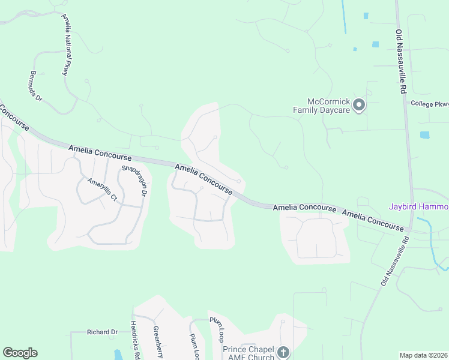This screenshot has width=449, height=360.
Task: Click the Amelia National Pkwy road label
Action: coord(65,45)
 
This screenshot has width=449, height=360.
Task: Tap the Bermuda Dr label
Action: coord(35,86)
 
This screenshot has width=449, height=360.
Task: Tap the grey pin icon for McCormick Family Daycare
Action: coord(359,106)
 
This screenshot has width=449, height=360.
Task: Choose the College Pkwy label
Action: coord(430,104)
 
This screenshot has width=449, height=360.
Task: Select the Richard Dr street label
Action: coord(102,332)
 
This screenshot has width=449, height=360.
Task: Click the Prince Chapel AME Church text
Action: coord(249,353)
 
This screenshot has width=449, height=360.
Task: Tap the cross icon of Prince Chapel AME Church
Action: coord(283,352)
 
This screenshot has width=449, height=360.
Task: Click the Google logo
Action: coord(20,353)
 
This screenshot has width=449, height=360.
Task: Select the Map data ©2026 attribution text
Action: coord(423,355)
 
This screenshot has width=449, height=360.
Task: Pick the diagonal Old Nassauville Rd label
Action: coord(394,260)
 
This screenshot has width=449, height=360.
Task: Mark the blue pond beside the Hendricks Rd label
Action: coord(118,355)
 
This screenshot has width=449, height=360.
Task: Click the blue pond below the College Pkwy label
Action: coord(425,135)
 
